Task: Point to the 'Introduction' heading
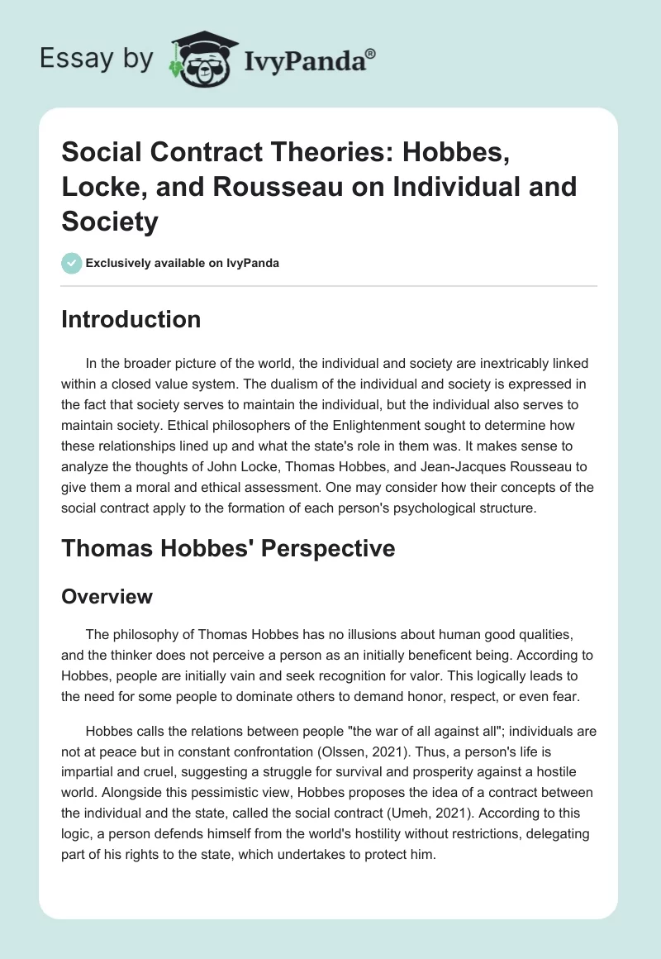[x=131, y=320]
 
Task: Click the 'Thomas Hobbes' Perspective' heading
[x=228, y=548]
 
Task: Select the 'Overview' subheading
[x=107, y=596]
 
